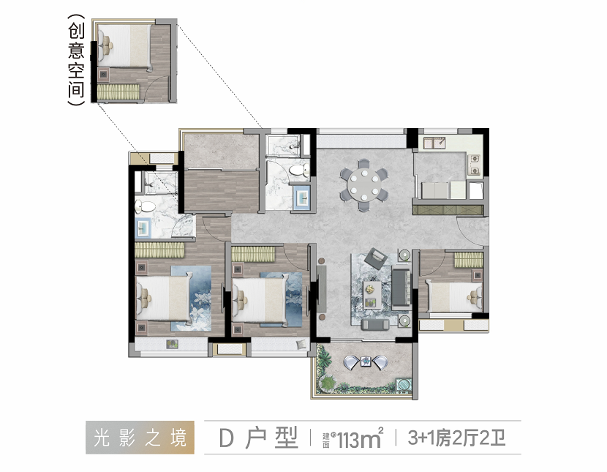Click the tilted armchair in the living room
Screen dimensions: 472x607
pyautogui.click(x=377, y=258)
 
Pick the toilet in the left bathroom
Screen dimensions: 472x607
pyautogui.click(x=143, y=206)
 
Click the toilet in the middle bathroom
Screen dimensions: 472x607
pyautogui.click(x=298, y=171)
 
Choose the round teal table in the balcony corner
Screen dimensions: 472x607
pyautogui.click(x=404, y=383)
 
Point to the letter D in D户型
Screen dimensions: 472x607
pyautogui.click(x=226, y=438)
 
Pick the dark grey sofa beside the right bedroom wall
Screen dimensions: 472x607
pyautogui.click(x=400, y=288)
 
